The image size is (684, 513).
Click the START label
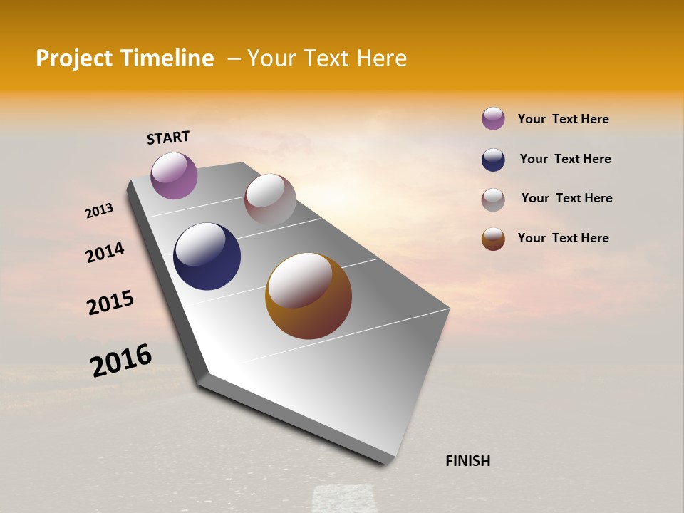point(168,137)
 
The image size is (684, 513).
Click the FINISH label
point(467,461)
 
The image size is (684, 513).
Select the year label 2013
point(99,211)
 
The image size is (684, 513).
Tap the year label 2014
point(105,252)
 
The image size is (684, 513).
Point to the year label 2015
point(110,303)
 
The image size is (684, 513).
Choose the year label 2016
point(121,361)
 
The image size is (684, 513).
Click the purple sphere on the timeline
point(174,175)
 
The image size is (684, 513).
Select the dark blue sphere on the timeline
point(207,256)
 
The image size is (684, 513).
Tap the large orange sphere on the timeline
point(309,296)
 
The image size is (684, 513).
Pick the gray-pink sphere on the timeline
point(270,199)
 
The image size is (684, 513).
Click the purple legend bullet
point(493,118)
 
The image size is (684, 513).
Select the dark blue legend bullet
point(493,160)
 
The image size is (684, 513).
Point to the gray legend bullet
point(493,199)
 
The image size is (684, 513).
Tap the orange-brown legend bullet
point(493,239)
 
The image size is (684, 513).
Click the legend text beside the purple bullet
point(563,119)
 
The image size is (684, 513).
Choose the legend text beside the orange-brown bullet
point(563,238)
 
